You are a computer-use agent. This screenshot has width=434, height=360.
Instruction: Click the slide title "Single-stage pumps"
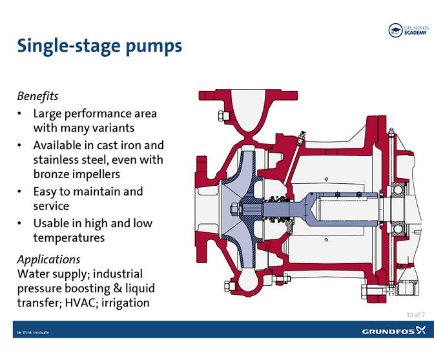(x=99, y=46)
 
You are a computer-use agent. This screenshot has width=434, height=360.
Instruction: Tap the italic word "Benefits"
(x=37, y=96)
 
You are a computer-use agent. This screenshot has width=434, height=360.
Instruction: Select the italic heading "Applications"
(x=48, y=260)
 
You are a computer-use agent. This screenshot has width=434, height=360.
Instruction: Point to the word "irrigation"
(x=125, y=303)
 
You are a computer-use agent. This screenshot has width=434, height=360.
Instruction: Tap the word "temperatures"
(x=69, y=238)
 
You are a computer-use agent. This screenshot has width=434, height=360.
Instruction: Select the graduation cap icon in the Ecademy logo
(x=395, y=30)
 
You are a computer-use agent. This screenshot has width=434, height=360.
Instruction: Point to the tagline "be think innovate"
(x=33, y=332)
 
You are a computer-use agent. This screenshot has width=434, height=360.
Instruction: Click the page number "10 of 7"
(x=416, y=315)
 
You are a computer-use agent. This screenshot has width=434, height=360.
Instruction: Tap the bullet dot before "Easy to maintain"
(x=19, y=192)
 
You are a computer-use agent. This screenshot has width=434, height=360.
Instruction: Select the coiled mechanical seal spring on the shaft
(x=279, y=209)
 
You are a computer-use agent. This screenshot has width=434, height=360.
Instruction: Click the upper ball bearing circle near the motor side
(x=398, y=190)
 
